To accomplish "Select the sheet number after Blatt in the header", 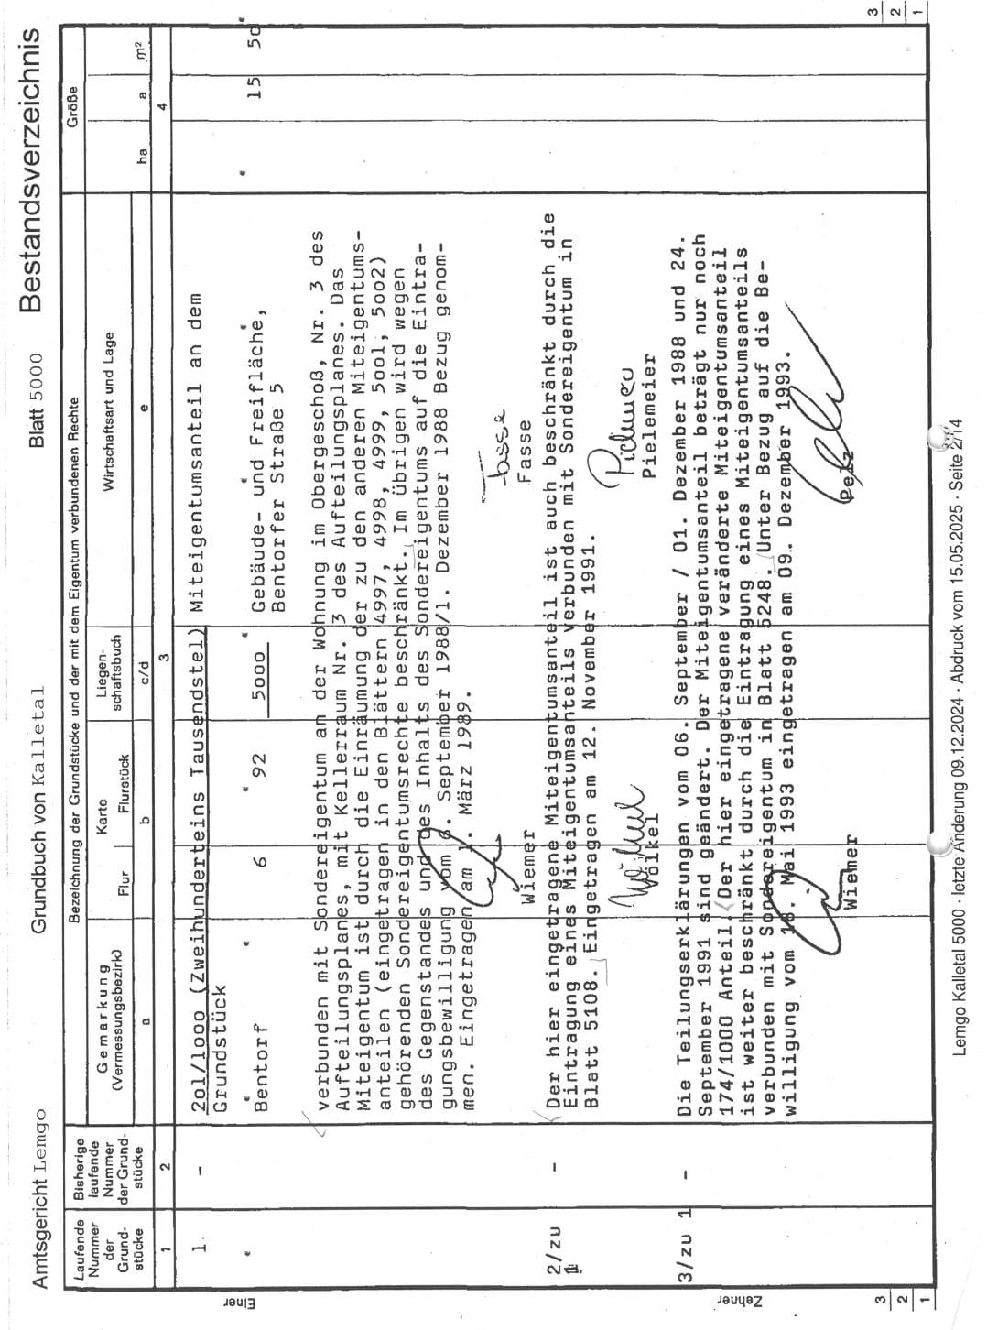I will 38,373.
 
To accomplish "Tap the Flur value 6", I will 260,862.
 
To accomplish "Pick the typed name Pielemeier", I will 649,417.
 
